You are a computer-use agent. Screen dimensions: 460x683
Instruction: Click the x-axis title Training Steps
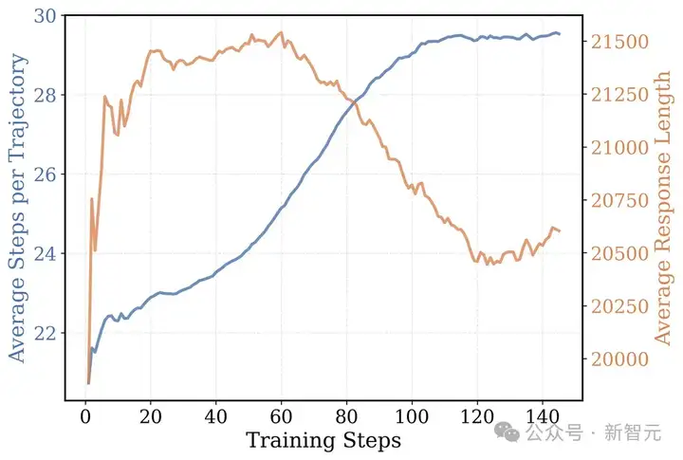click(323, 440)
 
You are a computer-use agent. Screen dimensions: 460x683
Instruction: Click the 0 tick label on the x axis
click(85, 416)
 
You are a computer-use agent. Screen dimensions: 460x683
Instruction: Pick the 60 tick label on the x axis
click(281, 416)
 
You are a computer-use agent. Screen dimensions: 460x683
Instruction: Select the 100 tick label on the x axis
click(411, 416)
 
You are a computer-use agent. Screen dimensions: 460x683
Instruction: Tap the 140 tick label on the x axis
click(542, 416)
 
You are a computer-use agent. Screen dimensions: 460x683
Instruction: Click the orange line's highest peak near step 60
click(281, 32)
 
